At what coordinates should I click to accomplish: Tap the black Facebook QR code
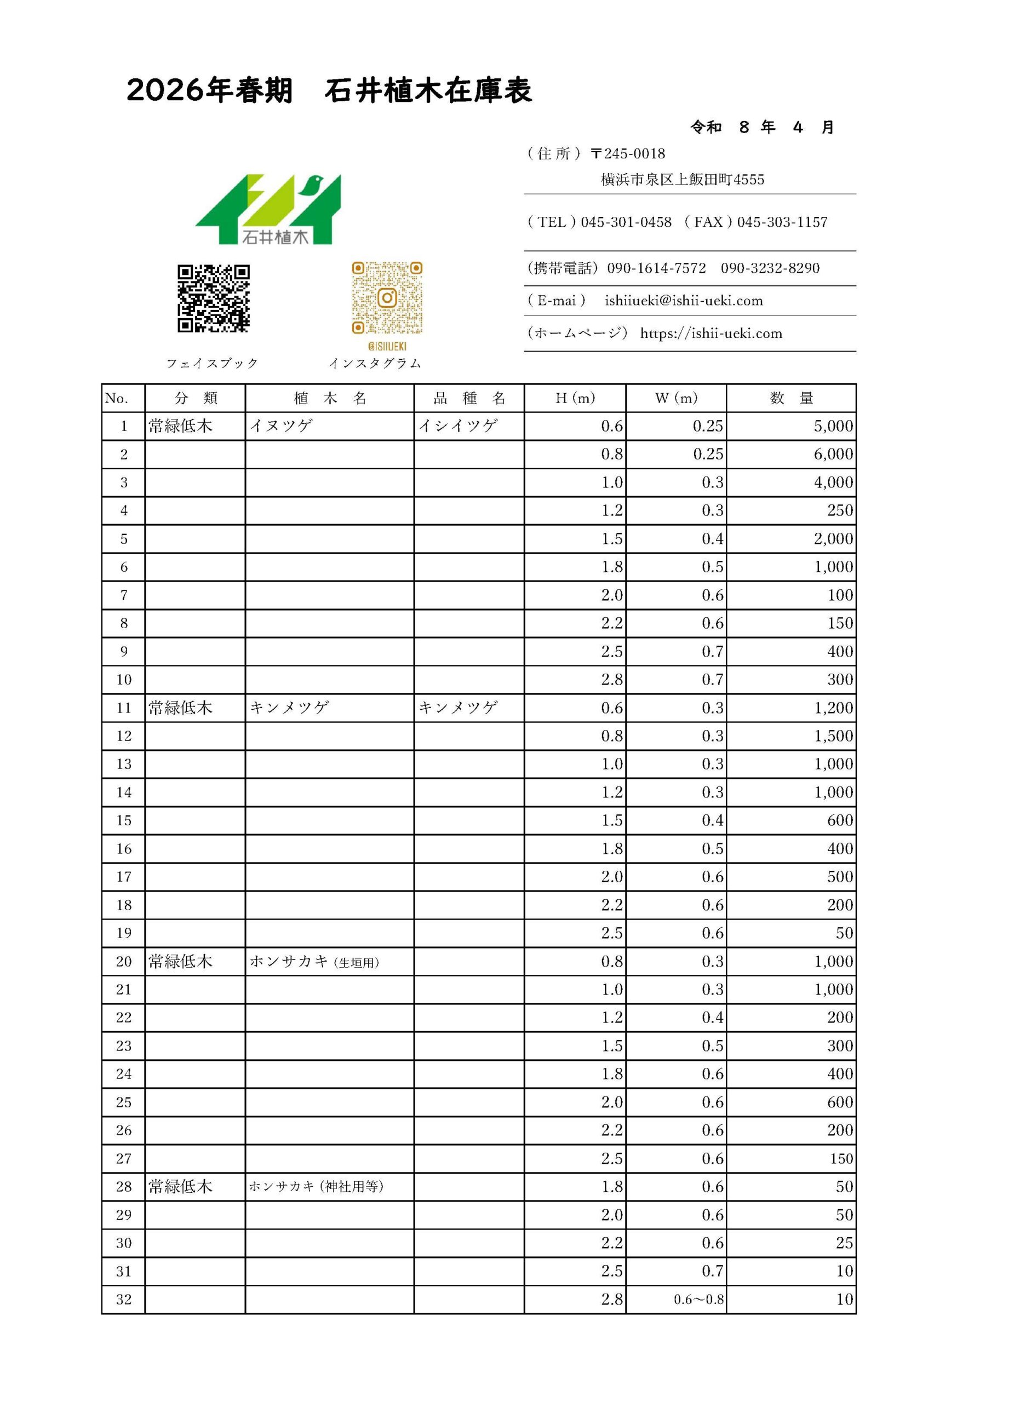click(213, 298)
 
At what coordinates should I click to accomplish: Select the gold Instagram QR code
click(387, 298)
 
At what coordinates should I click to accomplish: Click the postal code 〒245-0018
click(628, 154)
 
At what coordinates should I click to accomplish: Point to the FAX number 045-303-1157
click(782, 222)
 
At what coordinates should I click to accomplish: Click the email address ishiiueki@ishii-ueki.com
click(684, 301)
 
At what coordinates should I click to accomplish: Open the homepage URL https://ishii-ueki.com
click(711, 334)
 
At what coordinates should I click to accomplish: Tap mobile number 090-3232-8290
click(770, 268)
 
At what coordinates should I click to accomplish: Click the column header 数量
click(792, 398)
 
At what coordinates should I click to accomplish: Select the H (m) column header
click(575, 398)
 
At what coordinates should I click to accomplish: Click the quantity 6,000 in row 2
click(833, 455)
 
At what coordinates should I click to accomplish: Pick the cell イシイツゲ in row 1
click(458, 426)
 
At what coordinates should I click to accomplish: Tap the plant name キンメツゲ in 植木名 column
click(289, 708)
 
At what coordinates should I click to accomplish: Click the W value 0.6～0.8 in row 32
click(698, 1300)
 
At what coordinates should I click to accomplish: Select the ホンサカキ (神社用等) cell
click(317, 1187)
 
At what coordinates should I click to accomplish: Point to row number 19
click(124, 933)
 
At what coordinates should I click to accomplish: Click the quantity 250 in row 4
click(840, 510)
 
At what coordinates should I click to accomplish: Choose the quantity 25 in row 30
click(844, 1243)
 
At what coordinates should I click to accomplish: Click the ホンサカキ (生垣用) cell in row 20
click(314, 962)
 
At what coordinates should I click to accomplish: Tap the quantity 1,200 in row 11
click(833, 708)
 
